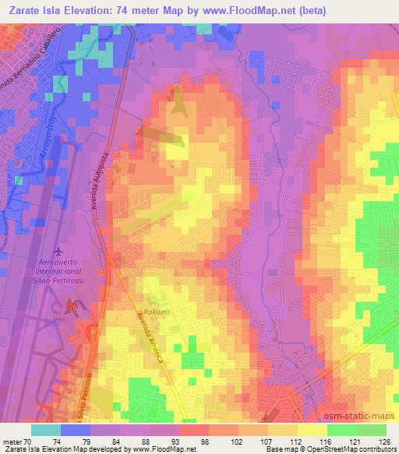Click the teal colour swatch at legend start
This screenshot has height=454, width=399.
[46, 430]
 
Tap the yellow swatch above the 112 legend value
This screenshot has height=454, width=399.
[312, 430]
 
